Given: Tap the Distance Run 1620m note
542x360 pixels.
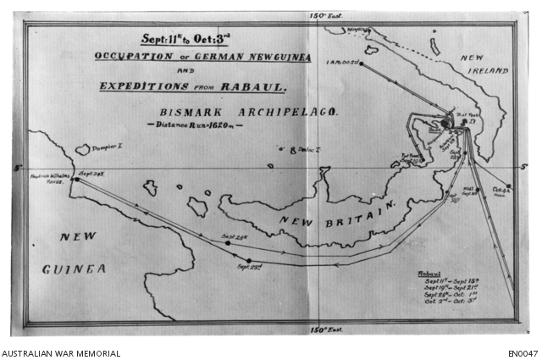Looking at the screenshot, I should [194, 125].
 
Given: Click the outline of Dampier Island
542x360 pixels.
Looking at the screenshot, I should [82, 150].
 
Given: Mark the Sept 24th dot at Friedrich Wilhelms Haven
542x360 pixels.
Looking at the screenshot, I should [75, 180].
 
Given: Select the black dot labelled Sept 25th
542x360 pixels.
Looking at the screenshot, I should [227, 243].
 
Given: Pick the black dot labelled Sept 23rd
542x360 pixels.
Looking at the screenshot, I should [248, 260].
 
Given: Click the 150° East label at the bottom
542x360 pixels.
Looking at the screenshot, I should [324, 330].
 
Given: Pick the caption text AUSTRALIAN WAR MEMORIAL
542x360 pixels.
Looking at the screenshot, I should [61, 352].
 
